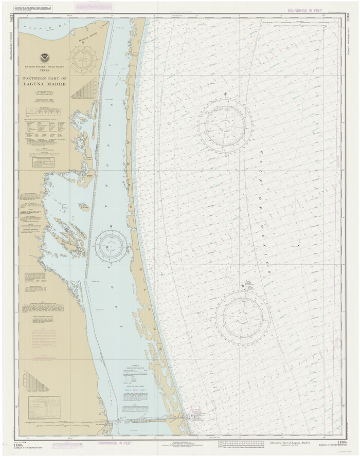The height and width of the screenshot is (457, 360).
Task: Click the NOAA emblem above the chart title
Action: pyautogui.click(x=45, y=58)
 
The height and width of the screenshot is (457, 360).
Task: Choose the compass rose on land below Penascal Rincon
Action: pyautogui.click(x=83, y=60)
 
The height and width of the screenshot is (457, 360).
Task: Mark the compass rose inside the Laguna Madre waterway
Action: pyautogui.click(x=111, y=246)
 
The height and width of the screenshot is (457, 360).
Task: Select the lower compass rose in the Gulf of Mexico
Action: pyautogui.click(x=243, y=315)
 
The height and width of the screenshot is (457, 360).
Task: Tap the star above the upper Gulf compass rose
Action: pyautogui.click(x=225, y=94)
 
